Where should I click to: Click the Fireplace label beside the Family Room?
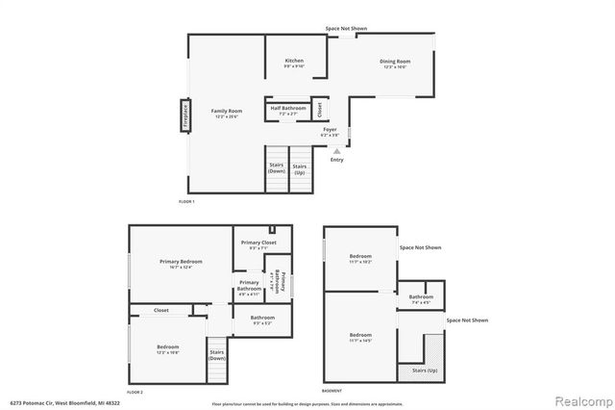tap(180, 116)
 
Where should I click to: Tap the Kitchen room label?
tap(294, 63)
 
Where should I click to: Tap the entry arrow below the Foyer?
tap(336, 150)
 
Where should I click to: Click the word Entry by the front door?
tap(336, 160)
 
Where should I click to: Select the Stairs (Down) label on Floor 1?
tap(277, 167)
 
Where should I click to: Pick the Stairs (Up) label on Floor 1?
tap(300, 167)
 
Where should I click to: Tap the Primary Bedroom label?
tap(181, 264)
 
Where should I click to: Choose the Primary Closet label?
tap(258, 244)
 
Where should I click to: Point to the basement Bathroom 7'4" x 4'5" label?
tap(421, 299)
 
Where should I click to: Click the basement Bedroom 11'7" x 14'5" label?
tap(360, 337)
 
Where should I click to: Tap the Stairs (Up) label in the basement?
tap(424, 370)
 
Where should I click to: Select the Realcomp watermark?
tap(578, 397)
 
